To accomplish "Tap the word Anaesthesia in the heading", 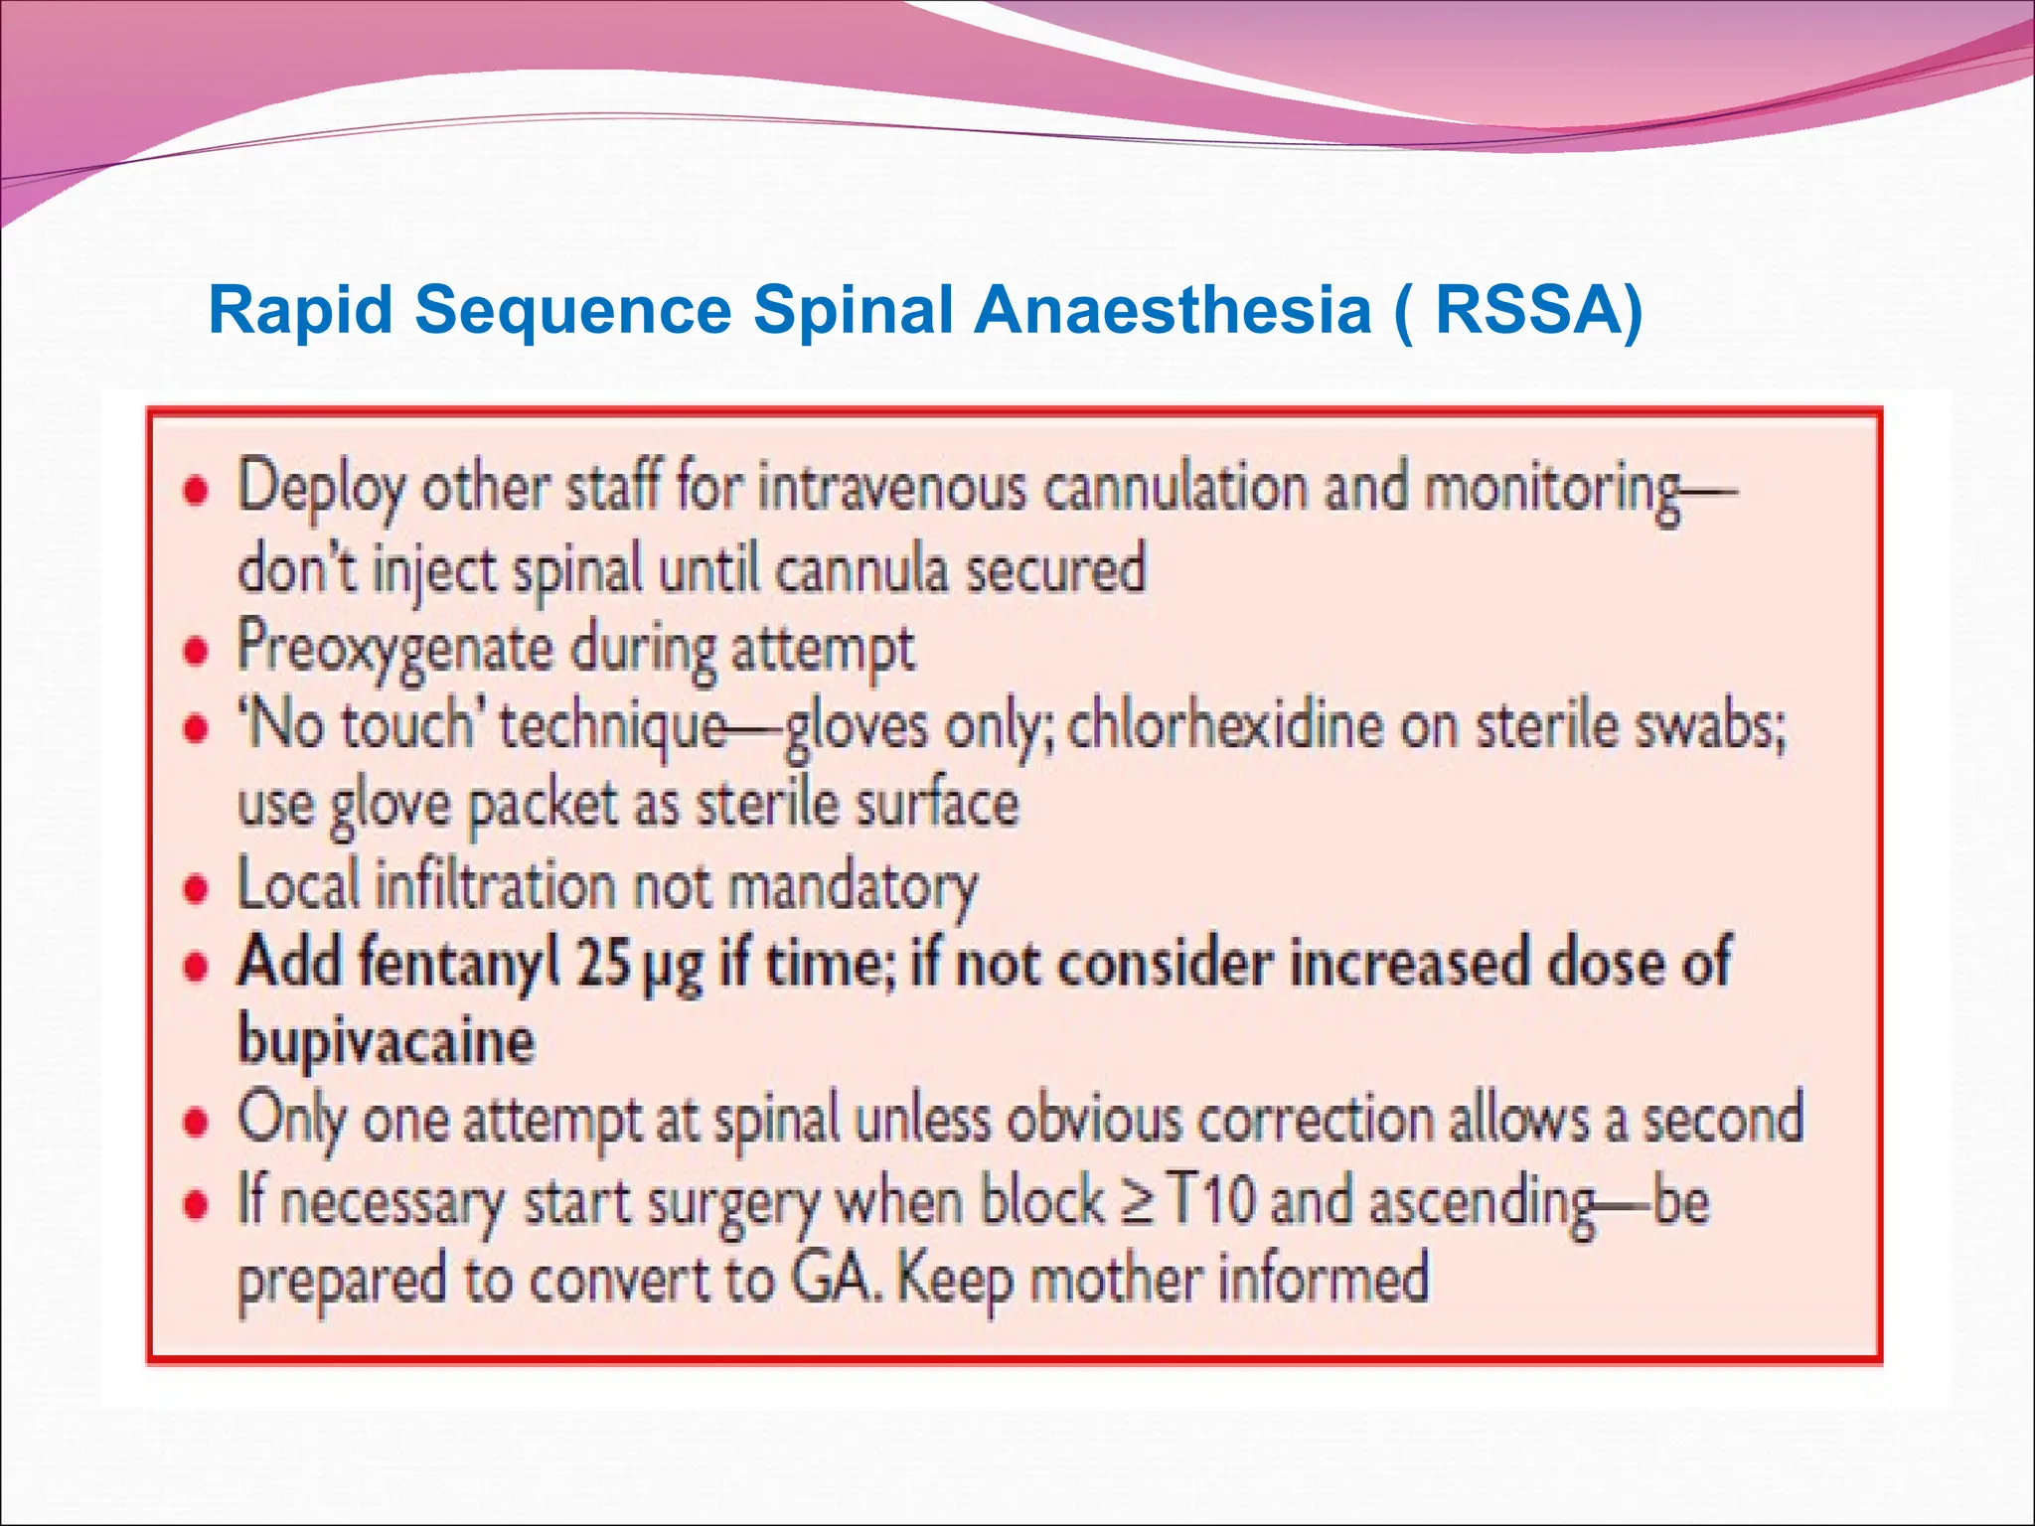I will (1173, 310).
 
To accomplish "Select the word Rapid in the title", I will (301, 310).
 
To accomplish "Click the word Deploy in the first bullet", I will (321, 490).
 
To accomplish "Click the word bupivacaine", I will (386, 1042).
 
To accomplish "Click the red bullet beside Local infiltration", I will (197, 888).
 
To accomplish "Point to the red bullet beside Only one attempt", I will (197, 1123).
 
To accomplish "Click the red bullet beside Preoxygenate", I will (197, 652).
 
